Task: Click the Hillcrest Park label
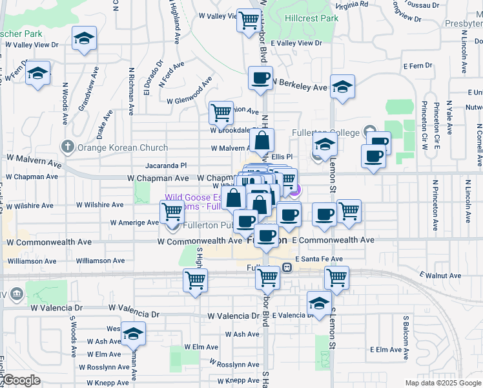311,19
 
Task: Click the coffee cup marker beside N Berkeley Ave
260,79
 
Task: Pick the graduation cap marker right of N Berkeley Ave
342,87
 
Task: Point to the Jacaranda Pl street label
165,166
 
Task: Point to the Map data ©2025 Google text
443,383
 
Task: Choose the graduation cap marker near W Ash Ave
133,334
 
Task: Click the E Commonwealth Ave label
333,240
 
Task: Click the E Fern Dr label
417,66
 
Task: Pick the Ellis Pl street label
282,156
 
